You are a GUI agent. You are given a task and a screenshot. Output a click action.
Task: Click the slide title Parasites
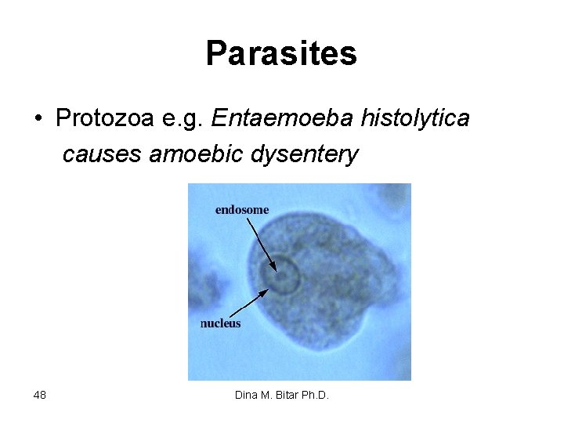(281, 54)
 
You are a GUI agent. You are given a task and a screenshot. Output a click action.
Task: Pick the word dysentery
(305, 155)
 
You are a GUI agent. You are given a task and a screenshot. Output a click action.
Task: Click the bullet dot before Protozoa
(38, 119)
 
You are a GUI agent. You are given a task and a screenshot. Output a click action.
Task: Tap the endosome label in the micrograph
(242, 209)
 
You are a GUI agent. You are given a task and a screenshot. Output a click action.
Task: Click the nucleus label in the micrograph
(220, 323)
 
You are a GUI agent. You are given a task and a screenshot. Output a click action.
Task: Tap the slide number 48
(40, 396)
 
